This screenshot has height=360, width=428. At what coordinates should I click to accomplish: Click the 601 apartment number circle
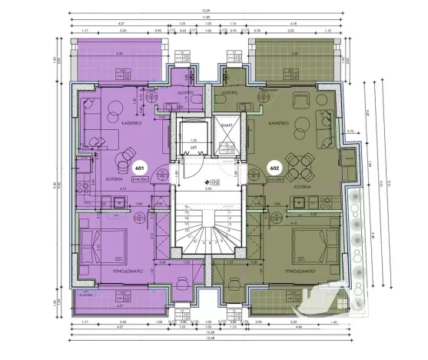coord(140,167)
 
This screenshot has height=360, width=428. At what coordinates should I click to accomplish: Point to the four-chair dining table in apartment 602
coord(305,162)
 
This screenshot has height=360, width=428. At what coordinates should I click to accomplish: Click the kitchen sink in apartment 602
coord(299,202)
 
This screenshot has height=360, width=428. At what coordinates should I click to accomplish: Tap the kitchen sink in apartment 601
coord(118,203)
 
